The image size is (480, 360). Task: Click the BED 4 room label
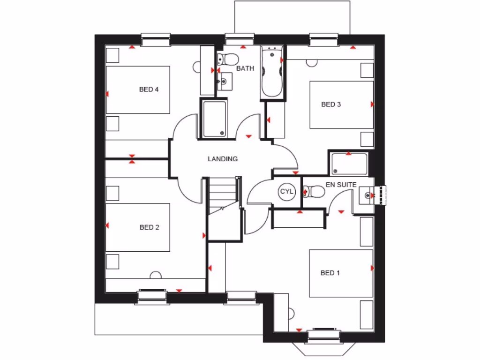point(149,89)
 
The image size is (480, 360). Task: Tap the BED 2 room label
point(150,227)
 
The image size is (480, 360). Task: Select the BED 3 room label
point(330,105)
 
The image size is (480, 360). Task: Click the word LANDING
point(223,159)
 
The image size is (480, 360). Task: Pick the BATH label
point(245,68)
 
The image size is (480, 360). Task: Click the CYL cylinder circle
point(286,191)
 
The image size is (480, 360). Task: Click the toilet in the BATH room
point(228,60)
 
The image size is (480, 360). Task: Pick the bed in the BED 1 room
point(341,273)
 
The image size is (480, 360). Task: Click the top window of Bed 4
point(155,40)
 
